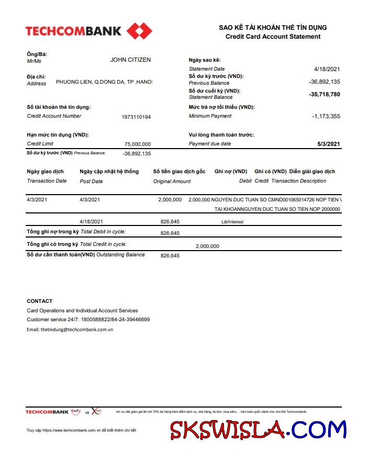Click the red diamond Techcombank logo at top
[139, 31]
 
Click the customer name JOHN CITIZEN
[130, 60]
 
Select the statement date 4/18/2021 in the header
[327, 69]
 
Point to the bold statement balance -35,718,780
[325, 95]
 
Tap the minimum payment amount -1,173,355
[326, 116]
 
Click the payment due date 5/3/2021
[329, 144]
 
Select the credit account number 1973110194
[136, 117]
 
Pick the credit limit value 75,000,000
[138, 144]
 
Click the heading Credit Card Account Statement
[273, 37]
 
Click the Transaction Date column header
[47, 181]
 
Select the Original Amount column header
[172, 182]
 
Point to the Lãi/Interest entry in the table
[232, 222]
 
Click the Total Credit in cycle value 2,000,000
[207, 246]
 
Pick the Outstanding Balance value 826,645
[170, 256]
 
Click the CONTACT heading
[40, 301]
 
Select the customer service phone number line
[88, 319]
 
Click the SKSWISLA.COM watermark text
[258, 430]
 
